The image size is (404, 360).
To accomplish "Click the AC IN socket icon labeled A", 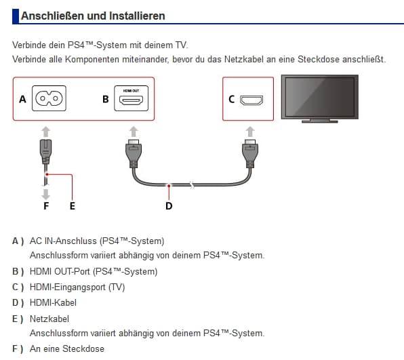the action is pyautogui.click(x=49, y=98).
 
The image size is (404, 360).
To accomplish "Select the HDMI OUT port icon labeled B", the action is pyautogui.click(x=131, y=98).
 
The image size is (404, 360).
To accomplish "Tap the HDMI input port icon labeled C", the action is pyautogui.click(x=251, y=100).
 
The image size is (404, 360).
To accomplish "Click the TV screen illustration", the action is pyautogui.click(x=319, y=96).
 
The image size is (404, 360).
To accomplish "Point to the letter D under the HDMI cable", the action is pyautogui.click(x=169, y=206).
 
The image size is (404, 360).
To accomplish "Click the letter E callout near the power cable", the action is pyautogui.click(x=73, y=206).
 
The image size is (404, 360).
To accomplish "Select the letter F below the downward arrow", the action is pyautogui.click(x=46, y=206).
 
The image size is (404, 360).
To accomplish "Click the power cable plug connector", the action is pyautogui.click(x=46, y=151).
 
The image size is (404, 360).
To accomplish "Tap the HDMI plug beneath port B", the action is pyautogui.click(x=134, y=154).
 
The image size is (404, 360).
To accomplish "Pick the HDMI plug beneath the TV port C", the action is pyautogui.click(x=250, y=154).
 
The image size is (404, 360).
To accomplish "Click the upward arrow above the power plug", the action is pyautogui.click(x=46, y=132).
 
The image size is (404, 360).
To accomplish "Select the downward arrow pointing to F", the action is pyautogui.click(x=45, y=194).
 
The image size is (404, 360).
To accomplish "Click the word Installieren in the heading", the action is pyautogui.click(x=137, y=16).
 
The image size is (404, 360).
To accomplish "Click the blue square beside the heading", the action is pyautogui.click(x=16, y=16).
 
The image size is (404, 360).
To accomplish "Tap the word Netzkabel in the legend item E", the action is pyautogui.click(x=49, y=319).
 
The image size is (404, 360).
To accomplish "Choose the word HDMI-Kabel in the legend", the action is pyautogui.click(x=53, y=303).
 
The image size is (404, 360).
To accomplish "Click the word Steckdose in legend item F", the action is pyautogui.click(x=83, y=349).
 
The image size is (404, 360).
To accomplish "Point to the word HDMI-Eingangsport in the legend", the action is pyautogui.click(x=68, y=287).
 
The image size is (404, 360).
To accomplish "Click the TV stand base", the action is pyautogui.click(x=319, y=121).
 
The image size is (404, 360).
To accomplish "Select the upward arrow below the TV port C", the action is pyautogui.click(x=250, y=132).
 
